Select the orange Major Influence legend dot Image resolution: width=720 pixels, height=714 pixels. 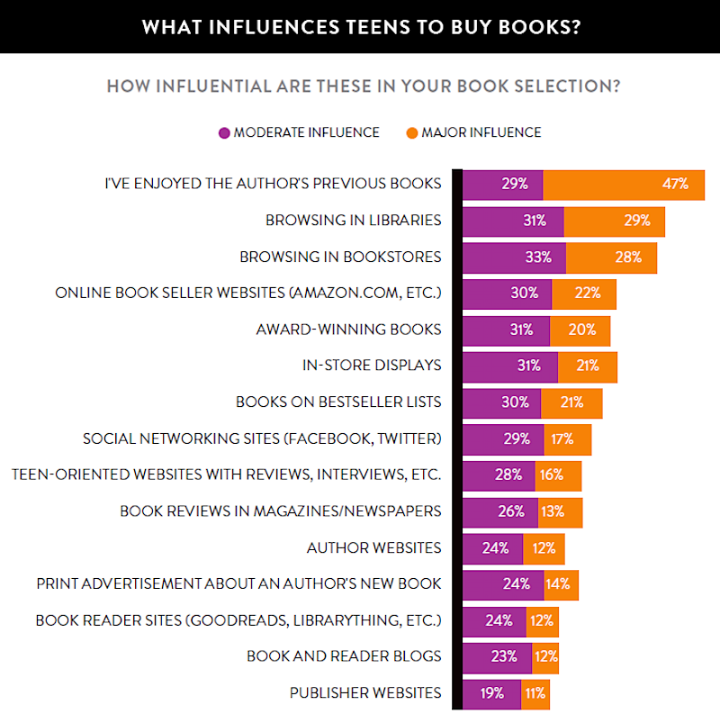tap(411, 132)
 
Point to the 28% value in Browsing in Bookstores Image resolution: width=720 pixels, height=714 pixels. tap(629, 258)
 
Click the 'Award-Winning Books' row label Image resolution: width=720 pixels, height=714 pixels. tap(348, 329)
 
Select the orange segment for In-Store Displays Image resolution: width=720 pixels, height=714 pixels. tap(587, 366)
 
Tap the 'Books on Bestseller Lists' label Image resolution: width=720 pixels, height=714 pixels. tap(338, 402)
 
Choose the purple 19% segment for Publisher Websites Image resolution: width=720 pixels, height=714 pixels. tap(491, 694)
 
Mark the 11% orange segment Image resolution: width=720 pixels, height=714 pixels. tap(535, 694)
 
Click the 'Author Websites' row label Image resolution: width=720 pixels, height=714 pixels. tap(373, 547)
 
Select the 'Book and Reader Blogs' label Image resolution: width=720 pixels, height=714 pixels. tap(344, 656)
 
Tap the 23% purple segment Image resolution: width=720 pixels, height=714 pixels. tap(497, 657)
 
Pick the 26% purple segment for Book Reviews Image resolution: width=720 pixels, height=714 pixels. tap(500, 511)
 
